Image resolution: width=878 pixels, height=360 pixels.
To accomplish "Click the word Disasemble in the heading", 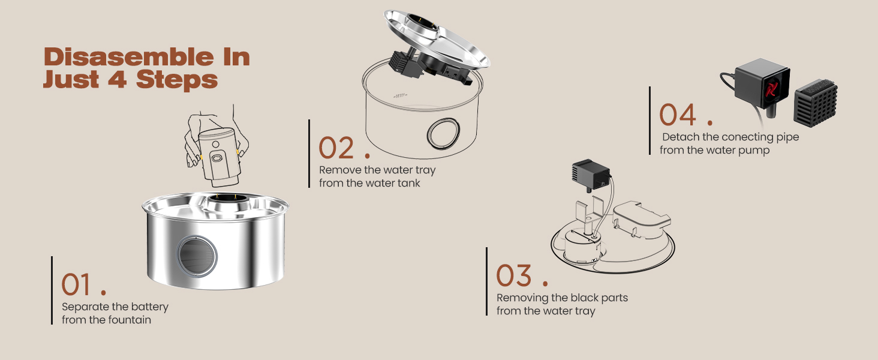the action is [x=129, y=57].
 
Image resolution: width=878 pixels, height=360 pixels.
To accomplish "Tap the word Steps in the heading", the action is [x=177, y=80].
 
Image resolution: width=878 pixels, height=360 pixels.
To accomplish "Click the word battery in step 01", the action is [x=150, y=307].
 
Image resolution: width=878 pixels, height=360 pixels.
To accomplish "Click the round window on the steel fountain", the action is [x=196, y=256].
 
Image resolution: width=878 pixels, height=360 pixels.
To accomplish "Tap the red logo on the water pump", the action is [x=771, y=89].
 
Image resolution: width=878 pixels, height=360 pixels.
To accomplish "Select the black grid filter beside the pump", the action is [x=816, y=103].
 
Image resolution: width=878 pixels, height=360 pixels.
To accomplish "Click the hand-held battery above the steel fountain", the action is [x=220, y=156].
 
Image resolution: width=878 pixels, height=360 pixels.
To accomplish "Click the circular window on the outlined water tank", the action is [x=443, y=134].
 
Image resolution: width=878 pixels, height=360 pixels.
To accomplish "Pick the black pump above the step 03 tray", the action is [x=591, y=175].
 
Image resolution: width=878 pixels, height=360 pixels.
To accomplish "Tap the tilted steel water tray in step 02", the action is [x=437, y=38].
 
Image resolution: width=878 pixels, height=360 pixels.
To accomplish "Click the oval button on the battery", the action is [x=217, y=158].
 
